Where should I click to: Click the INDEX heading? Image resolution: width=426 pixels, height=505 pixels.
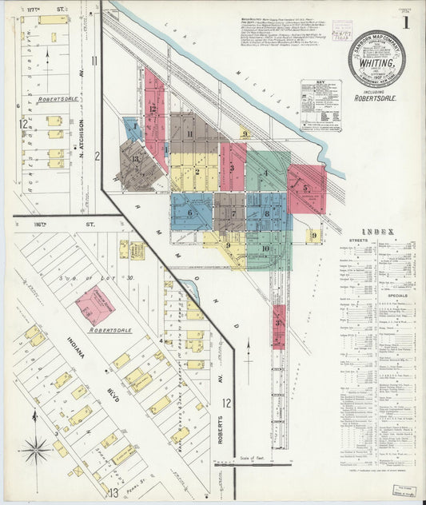pos(376,232)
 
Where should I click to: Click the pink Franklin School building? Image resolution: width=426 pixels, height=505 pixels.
pos(94,306)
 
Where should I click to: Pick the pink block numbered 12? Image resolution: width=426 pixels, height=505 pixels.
pos(153,112)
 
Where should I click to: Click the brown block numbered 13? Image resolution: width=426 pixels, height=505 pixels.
pos(136,163)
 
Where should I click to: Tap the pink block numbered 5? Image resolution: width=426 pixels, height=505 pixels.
pos(307,189)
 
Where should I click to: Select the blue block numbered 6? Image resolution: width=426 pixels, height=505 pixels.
pos(191,213)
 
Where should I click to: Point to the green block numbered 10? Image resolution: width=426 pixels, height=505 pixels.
pos(265,249)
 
